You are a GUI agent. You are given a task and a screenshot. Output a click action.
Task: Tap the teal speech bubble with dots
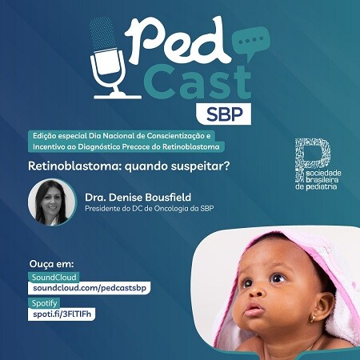pos(250,42)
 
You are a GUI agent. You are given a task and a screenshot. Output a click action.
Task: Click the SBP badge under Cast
pos(224,114)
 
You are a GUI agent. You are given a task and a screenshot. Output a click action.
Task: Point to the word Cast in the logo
pos(198,82)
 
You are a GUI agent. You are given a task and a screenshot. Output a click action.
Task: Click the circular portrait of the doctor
pos(52,202)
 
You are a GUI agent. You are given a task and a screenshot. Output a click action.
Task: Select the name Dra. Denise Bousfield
pos(138,198)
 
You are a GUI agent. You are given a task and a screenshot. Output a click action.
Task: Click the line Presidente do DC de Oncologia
pos(149,209)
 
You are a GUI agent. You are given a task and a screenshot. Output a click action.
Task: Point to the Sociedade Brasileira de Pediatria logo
pos(318,164)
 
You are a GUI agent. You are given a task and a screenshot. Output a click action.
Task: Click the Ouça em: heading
pos(51,264)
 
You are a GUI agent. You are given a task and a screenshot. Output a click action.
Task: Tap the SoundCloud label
pos(54,278)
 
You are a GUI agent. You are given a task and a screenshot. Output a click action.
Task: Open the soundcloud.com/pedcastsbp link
pos(90,288)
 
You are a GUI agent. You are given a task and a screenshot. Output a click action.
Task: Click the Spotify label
pos(44,303)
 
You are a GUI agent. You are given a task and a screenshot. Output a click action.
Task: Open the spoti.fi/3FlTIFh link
pos(62,314)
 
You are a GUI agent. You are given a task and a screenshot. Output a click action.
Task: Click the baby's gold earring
pos(313,318)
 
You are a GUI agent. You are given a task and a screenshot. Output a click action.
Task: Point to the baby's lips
pos(254,310)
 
